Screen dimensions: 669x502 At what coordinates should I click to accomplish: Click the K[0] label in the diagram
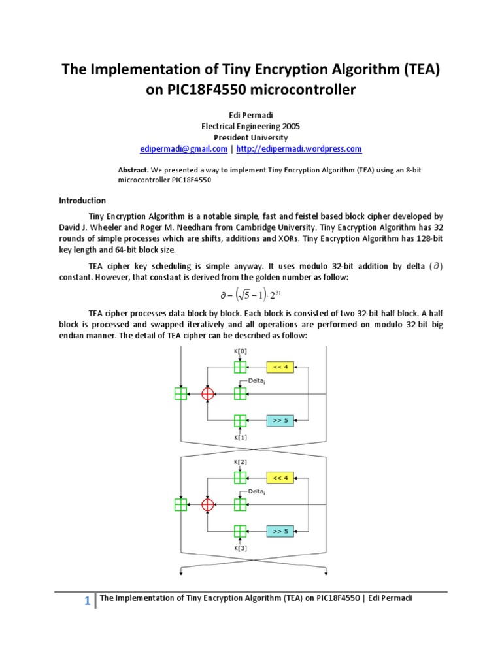[x=240, y=352]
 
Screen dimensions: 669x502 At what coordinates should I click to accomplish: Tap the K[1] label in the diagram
[x=240, y=437]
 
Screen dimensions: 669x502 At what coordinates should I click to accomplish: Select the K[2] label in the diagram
[x=240, y=463]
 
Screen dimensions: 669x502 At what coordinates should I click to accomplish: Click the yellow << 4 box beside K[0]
[x=280, y=367]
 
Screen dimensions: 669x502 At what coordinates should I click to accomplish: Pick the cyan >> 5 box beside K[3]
[x=280, y=532]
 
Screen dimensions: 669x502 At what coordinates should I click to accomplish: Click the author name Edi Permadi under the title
[x=250, y=114]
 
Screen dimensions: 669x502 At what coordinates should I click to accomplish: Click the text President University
[x=250, y=137]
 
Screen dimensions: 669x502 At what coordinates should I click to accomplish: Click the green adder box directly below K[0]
[x=240, y=367]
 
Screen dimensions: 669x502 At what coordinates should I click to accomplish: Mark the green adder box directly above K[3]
[x=240, y=532]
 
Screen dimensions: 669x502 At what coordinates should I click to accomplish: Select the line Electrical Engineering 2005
[x=250, y=126]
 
